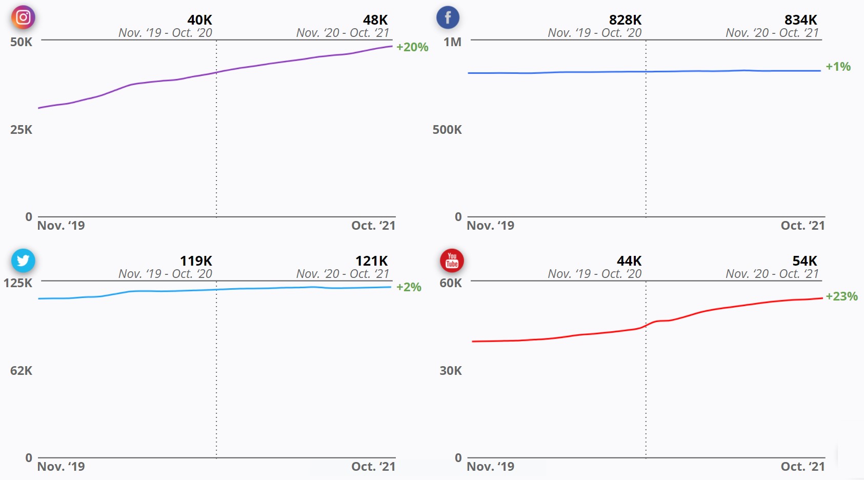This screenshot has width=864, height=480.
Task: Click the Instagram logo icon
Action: [x=23, y=17]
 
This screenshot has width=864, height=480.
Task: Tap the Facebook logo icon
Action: [x=448, y=17]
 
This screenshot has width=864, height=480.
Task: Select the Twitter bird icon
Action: [x=23, y=261]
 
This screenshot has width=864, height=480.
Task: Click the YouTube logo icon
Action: [x=452, y=261]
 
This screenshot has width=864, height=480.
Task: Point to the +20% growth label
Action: [x=412, y=47]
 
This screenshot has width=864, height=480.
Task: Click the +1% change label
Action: [x=838, y=67]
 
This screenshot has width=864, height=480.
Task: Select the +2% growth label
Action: [x=409, y=287]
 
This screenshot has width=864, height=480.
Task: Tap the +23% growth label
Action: [x=841, y=296]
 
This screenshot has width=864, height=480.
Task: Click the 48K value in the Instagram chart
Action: [x=375, y=20]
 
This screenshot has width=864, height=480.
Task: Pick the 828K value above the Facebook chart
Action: [x=625, y=20]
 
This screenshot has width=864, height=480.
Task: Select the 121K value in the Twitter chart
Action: [x=372, y=261]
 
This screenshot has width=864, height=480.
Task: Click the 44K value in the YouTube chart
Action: [x=629, y=261]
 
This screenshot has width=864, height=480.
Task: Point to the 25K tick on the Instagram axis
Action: [x=21, y=130]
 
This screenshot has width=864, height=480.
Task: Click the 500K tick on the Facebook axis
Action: [x=447, y=130]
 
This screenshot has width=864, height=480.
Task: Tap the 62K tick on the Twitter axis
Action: [x=21, y=371]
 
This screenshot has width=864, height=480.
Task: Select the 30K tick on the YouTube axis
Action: [x=451, y=371]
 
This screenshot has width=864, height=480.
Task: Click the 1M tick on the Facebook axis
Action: [x=452, y=42]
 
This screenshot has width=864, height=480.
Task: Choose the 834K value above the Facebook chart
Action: [x=800, y=20]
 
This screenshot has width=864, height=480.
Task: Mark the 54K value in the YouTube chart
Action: [x=805, y=261]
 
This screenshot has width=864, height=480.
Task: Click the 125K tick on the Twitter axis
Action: [x=18, y=283]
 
